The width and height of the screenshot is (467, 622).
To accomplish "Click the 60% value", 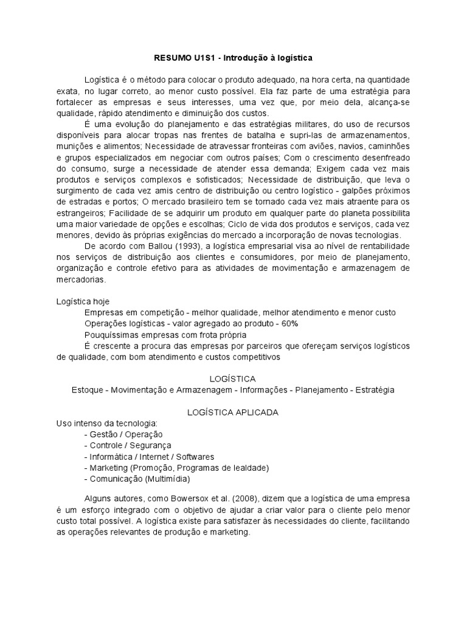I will [290, 323].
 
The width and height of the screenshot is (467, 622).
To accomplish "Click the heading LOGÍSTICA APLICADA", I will [233, 412].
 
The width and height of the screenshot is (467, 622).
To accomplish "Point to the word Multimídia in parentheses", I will [167, 479].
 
